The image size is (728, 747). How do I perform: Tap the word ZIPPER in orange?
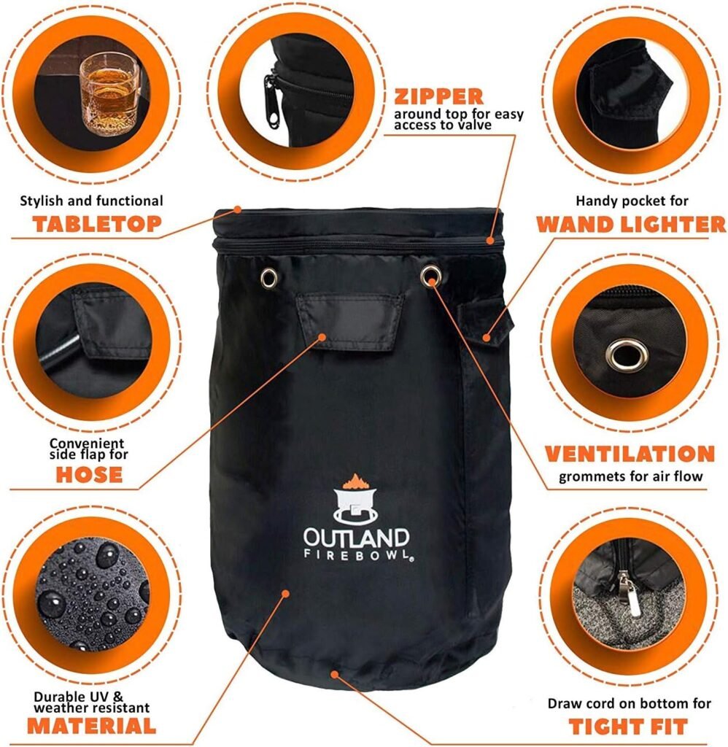[x=438, y=97]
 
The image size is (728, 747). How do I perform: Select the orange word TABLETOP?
[x=97, y=224]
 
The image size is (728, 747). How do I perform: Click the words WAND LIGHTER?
[x=631, y=225]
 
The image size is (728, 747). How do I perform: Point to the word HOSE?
[x=89, y=474]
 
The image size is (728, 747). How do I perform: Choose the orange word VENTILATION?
[x=630, y=454]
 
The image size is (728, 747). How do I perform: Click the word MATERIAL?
[x=91, y=726]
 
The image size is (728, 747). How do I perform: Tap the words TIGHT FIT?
[x=628, y=727]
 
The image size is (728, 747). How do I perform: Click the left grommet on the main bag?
[x=268, y=277]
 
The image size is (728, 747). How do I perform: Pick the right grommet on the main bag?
[x=430, y=275]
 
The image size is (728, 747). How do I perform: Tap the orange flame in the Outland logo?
[x=353, y=481]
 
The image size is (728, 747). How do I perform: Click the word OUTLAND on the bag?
[x=357, y=538]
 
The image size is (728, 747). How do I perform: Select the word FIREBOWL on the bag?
[x=357, y=554]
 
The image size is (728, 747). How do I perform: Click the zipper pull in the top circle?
[x=271, y=101]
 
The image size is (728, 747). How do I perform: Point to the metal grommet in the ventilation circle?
[x=627, y=355]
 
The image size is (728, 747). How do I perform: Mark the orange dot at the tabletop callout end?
[x=237, y=209]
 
